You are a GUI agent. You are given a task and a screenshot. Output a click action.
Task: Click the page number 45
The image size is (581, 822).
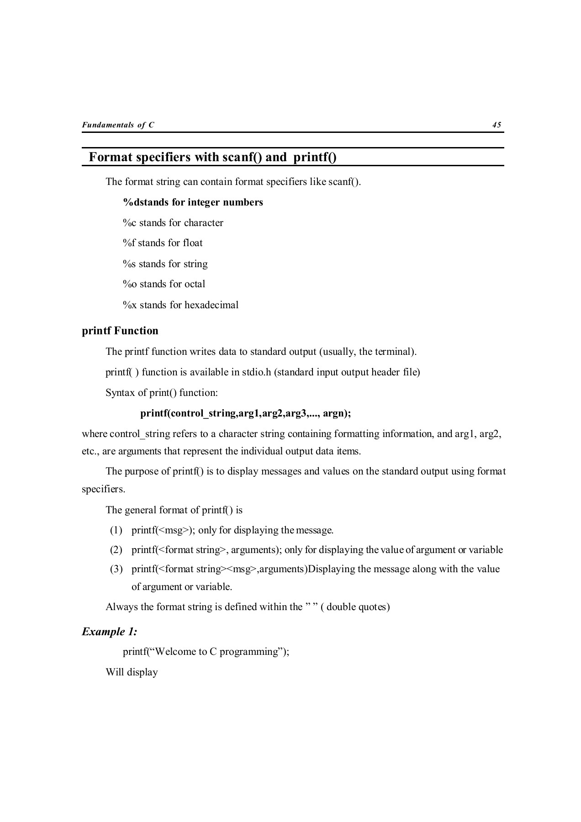496,125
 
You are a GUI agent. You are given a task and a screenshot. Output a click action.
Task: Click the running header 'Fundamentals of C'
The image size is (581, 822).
118,125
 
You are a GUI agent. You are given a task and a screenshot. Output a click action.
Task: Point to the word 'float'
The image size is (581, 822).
193,243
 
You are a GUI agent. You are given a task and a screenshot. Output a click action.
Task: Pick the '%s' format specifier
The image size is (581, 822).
129,264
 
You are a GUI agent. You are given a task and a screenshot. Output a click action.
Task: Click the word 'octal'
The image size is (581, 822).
195,284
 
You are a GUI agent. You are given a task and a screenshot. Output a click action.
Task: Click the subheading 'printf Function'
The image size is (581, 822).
120,331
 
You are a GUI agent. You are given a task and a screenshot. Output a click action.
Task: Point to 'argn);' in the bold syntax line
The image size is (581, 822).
337,414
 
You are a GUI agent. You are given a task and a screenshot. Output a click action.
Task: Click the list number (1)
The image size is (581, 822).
116,531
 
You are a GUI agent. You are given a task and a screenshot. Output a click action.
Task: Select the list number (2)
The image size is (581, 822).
116,550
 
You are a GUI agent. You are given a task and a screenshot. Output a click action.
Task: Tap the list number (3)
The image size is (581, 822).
116,569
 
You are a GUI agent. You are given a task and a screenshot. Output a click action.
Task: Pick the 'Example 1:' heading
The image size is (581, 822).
110,632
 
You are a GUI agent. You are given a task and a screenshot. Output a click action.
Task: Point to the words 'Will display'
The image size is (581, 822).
132,672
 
